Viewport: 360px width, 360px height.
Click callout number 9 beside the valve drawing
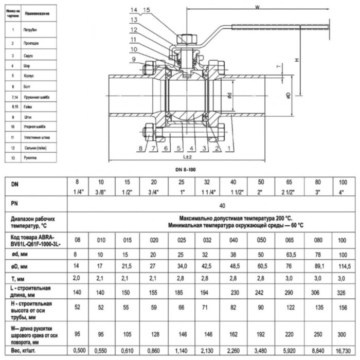tap(134, 60)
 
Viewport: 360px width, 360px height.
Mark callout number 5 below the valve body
tap(175, 149)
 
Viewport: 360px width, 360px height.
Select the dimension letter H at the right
tap(297, 61)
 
